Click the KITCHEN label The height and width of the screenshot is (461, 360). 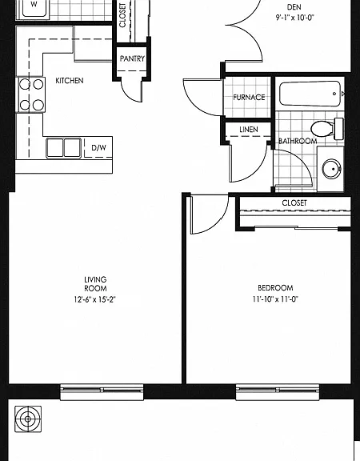(70, 80)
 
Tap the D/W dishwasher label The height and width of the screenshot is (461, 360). (98, 147)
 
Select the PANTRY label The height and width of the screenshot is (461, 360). (132, 58)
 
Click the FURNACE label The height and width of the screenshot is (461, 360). (249, 97)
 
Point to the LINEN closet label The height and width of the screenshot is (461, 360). (249, 130)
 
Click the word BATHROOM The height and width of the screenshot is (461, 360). (298, 141)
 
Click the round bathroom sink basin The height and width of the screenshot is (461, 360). (331, 169)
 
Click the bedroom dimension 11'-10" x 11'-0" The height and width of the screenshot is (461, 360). (275, 299)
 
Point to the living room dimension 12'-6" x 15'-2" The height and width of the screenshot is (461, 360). (95, 299)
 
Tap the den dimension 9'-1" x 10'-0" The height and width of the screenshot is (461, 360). (294, 18)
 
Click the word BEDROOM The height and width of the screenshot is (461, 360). (275, 288)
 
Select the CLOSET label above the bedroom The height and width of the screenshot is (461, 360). (294, 202)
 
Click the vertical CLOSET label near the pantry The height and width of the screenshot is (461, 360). (122, 15)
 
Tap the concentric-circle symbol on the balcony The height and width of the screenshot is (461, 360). (28, 419)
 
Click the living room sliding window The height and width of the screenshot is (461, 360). (102, 392)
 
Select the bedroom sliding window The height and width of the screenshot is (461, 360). (277, 392)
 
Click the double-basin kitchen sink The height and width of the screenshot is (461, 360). (63, 148)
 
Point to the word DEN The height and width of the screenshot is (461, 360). (294, 6)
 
